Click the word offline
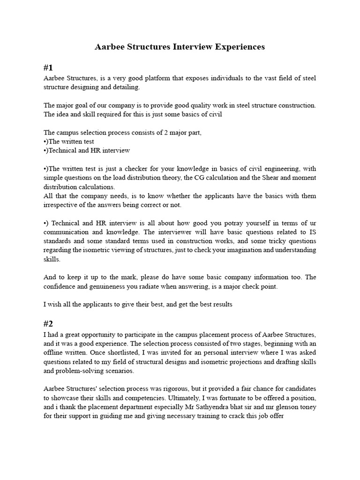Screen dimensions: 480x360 tap(57, 352)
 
